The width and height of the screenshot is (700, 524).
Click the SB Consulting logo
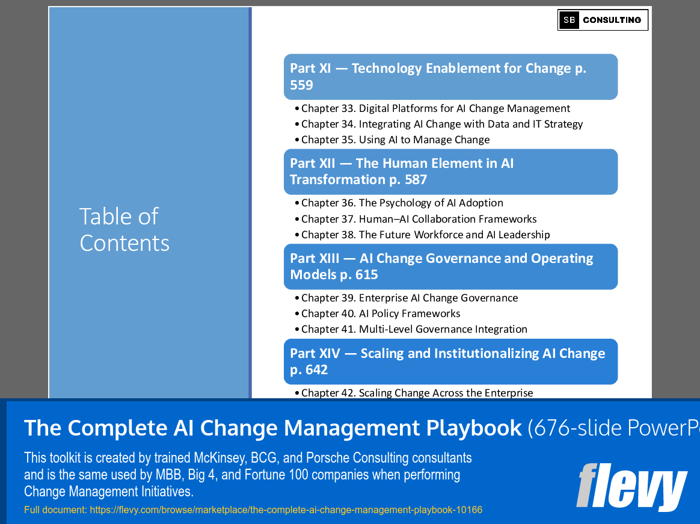pyautogui.click(x=603, y=20)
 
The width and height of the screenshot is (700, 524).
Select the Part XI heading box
pyautogui.click(x=450, y=77)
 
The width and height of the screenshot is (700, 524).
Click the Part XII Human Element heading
pyautogui.click(x=450, y=171)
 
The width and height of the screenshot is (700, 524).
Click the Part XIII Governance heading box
pyautogui.click(x=450, y=267)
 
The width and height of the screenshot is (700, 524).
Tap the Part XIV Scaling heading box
pyautogui.click(x=450, y=362)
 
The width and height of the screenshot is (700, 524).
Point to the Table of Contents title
pyautogui.click(x=124, y=230)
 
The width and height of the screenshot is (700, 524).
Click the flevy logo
pyautogui.click(x=631, y=486)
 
